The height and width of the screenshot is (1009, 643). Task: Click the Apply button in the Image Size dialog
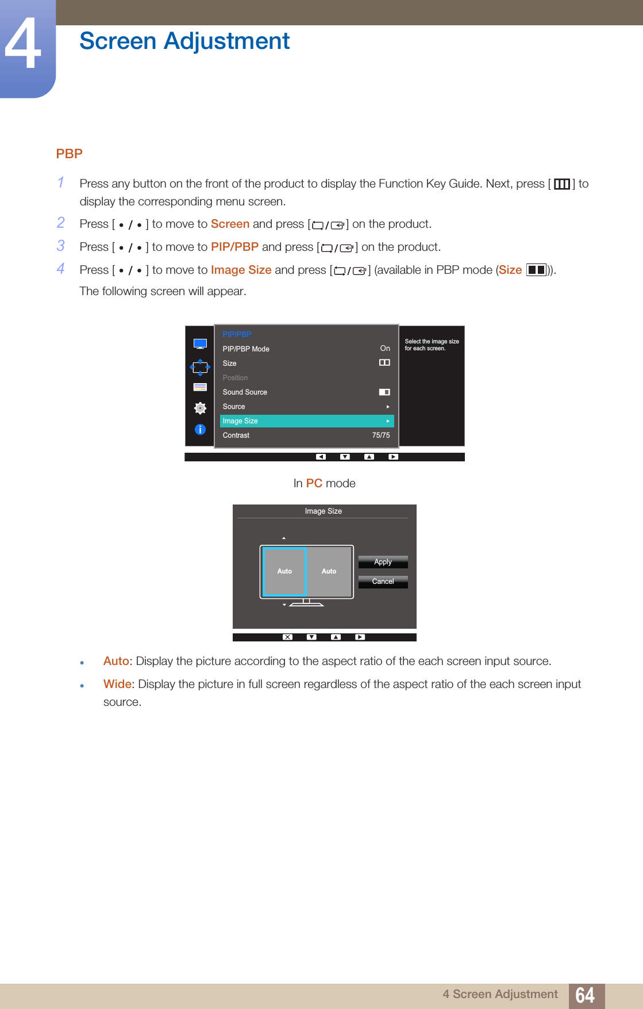[383, 562]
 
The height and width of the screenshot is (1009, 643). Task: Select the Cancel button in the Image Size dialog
[383, 582]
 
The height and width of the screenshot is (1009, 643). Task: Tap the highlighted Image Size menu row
[307, 421]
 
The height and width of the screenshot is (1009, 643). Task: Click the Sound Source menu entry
[245, 392]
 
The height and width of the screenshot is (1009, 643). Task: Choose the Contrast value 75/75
[380, 435]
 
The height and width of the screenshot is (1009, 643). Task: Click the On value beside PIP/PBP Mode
[385, 349]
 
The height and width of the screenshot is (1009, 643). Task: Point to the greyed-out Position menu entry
[236, 378]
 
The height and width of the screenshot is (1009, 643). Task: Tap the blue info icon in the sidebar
[200, 429]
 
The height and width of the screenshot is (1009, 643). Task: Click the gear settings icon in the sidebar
[200, 408]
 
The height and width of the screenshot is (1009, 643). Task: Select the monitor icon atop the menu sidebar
[200, 344]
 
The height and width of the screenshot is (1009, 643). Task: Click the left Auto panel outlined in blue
[284, 571]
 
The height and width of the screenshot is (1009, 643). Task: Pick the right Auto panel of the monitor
[329, 571]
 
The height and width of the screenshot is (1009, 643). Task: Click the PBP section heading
[70, 154]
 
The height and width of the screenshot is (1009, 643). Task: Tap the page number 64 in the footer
[585, 995]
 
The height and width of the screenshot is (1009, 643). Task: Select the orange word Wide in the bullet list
[117, 684]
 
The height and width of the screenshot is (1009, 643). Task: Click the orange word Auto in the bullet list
[115, 661]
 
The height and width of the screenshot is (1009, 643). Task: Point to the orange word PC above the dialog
[314, 483]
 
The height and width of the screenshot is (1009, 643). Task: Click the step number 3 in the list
[61, 246]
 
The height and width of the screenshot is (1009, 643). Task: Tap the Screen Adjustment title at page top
[184, 41]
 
